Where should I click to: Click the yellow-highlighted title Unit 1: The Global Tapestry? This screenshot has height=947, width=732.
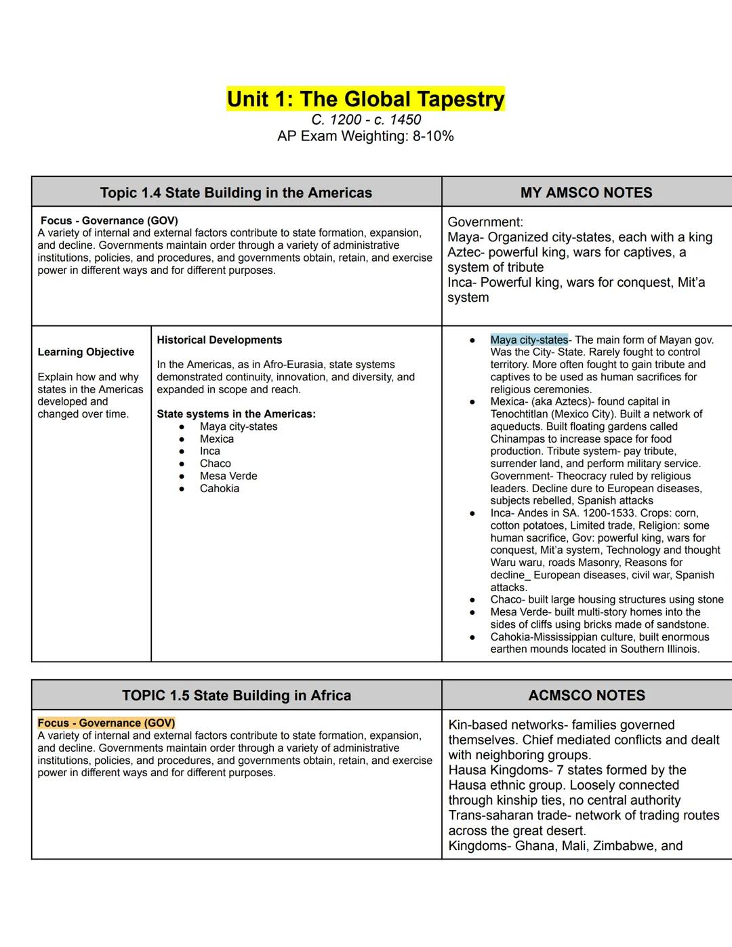click(365, 99)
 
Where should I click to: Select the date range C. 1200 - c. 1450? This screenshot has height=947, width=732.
click(365, 120)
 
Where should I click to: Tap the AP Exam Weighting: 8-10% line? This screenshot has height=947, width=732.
click(365, 136)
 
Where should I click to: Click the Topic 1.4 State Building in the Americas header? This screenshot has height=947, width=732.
click(236, 193)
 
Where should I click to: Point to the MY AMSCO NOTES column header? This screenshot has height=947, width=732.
click(586, 193)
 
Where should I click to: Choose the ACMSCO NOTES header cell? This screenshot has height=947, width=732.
click(586, 696)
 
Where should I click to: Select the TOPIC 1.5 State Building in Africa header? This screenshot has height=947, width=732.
click(236, 696)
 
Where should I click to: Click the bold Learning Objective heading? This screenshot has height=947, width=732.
click(86, 352)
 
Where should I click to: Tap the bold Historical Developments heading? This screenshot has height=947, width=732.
click(219, 340)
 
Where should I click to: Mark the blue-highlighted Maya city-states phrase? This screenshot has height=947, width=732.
click(529, 340)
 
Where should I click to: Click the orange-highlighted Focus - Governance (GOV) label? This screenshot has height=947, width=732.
click(106, 723)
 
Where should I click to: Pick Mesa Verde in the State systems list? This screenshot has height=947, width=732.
click(228, 476)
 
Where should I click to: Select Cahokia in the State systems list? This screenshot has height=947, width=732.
click(219, 488)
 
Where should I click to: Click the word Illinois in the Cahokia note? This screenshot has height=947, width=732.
click(678, 649)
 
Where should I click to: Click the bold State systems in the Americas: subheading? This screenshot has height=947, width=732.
click(236, 414)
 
